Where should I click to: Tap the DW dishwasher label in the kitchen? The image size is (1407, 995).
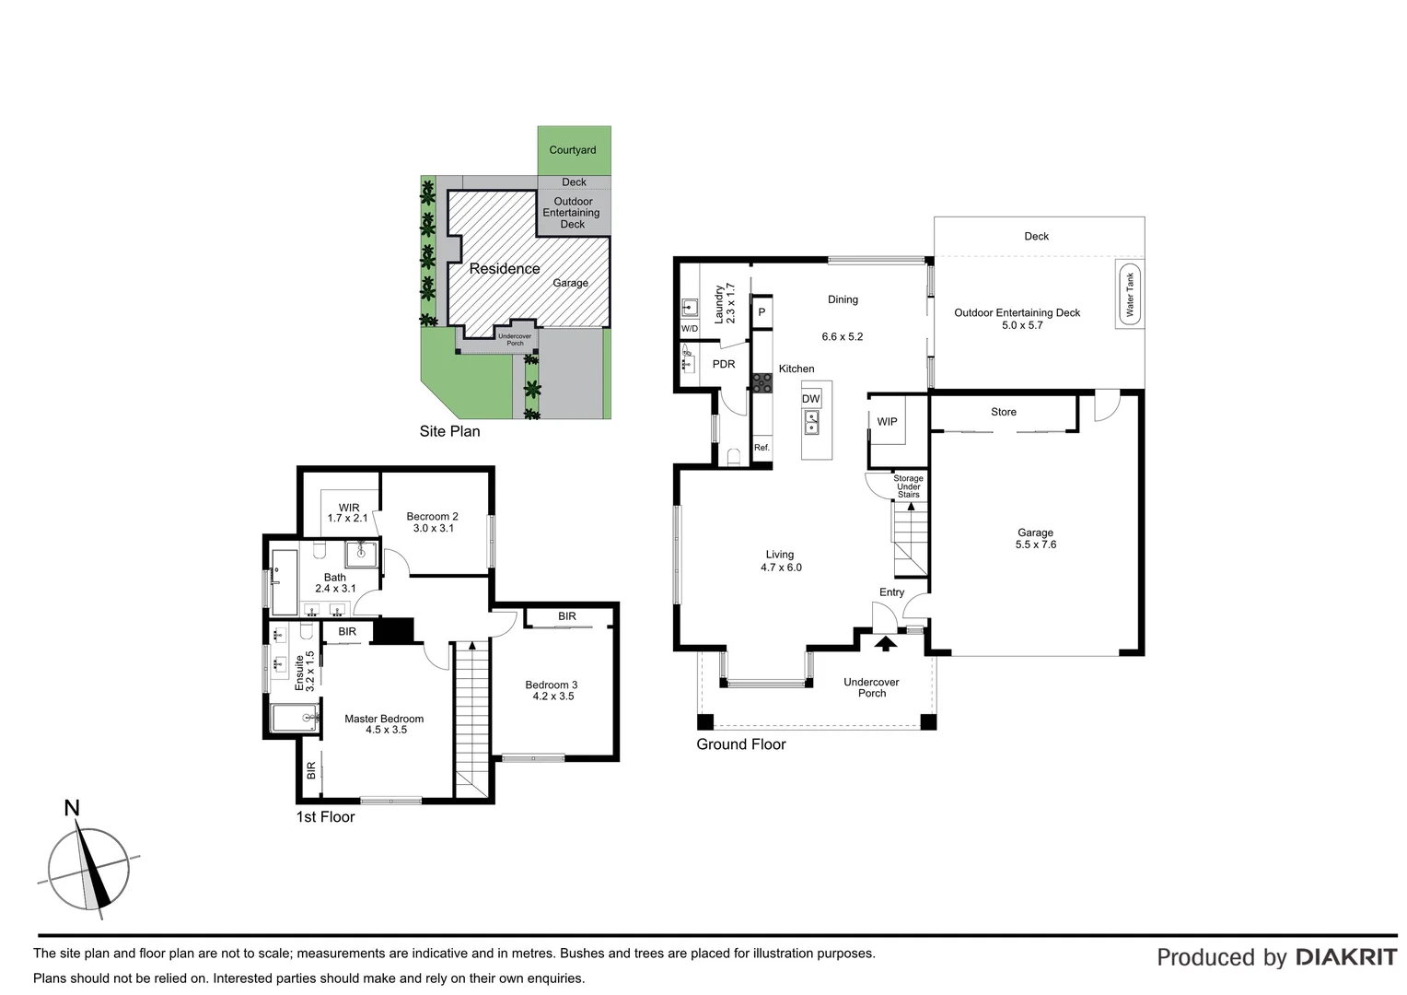810,399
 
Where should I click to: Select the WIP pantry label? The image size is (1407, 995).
887,422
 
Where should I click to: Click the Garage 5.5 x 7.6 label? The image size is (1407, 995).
1035,538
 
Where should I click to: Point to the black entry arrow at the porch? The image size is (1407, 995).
885,643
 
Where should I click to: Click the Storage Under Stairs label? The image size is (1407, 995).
908,486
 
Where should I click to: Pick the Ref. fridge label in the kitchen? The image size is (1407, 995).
762,448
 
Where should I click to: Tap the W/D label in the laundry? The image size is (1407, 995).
689,329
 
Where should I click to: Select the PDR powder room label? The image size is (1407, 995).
724,364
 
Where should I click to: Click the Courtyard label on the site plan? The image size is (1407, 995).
573,150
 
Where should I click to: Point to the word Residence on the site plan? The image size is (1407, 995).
504,269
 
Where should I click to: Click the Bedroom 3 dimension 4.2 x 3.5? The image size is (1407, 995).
552,696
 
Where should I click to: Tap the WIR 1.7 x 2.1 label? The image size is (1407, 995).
348,513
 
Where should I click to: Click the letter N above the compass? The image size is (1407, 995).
71,809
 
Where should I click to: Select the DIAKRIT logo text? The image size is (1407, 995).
1345,957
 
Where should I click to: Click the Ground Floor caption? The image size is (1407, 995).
740,744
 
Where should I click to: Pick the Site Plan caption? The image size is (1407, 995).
449,431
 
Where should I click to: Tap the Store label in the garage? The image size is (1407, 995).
1003,412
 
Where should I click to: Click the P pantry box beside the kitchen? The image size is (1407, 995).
762,312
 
